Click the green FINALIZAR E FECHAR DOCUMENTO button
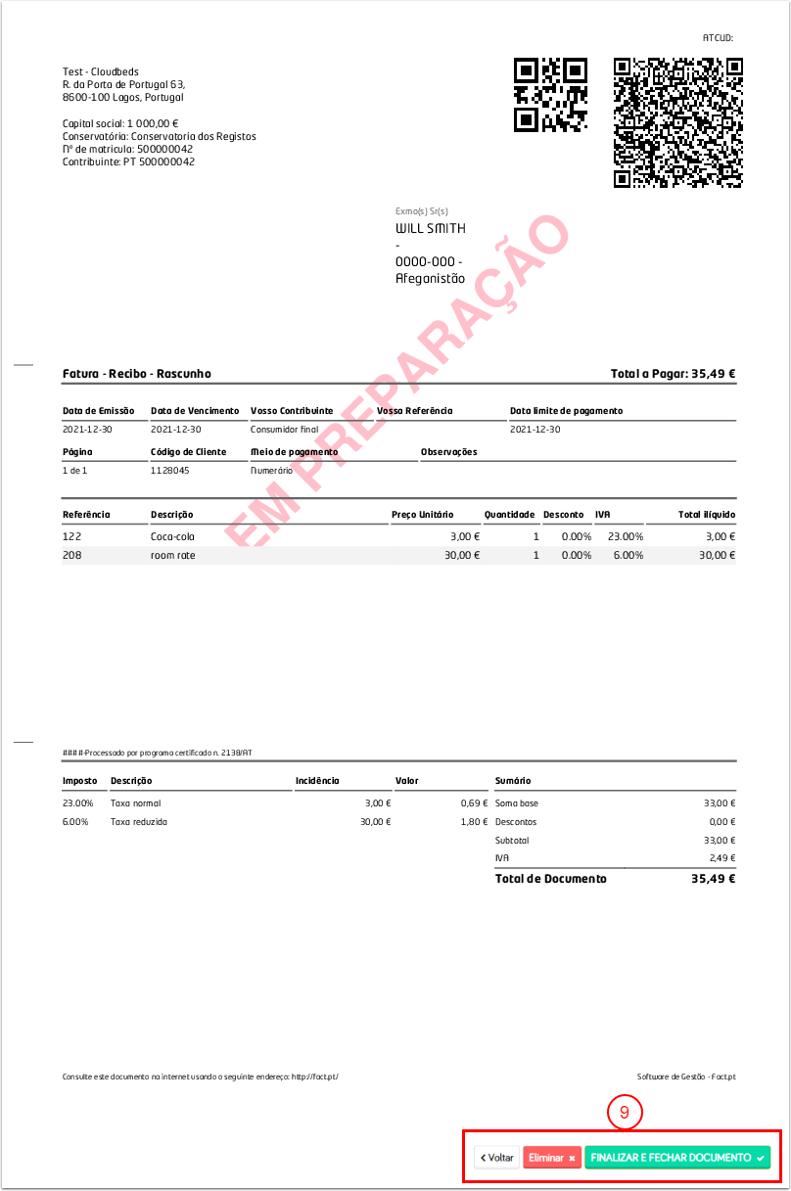676,1157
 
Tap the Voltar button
496,1157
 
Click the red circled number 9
624,1112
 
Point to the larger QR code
677,122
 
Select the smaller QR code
550,95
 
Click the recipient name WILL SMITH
430,229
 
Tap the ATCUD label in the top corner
718,38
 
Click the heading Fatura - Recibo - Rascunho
136,374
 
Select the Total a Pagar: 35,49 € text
673,374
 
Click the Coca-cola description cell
172,536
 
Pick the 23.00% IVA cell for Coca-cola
626,536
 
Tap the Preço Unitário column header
422,515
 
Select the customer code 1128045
169,470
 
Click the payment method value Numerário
271,470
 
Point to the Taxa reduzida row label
139,822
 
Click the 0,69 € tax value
474,803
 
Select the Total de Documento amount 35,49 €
713,879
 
